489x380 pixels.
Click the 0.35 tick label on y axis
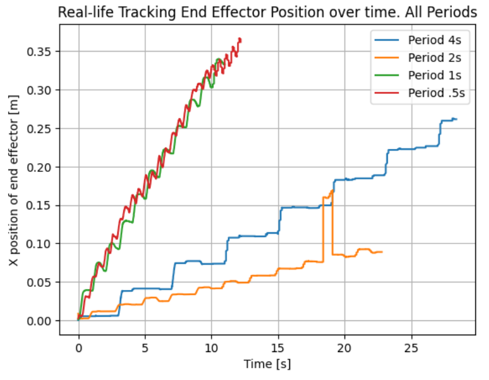tap(38, 52)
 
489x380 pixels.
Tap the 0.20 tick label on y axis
tap(38, 167)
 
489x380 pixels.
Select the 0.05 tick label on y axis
tap(38, 283)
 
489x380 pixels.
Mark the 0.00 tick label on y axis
tap(38, 321)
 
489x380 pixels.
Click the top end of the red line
tap(240, 39)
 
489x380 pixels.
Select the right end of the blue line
tap(456, 119)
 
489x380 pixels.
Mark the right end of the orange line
tap(382, 252)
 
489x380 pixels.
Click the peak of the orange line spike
tap(333, 191)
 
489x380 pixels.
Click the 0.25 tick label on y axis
tap(38, 129)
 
